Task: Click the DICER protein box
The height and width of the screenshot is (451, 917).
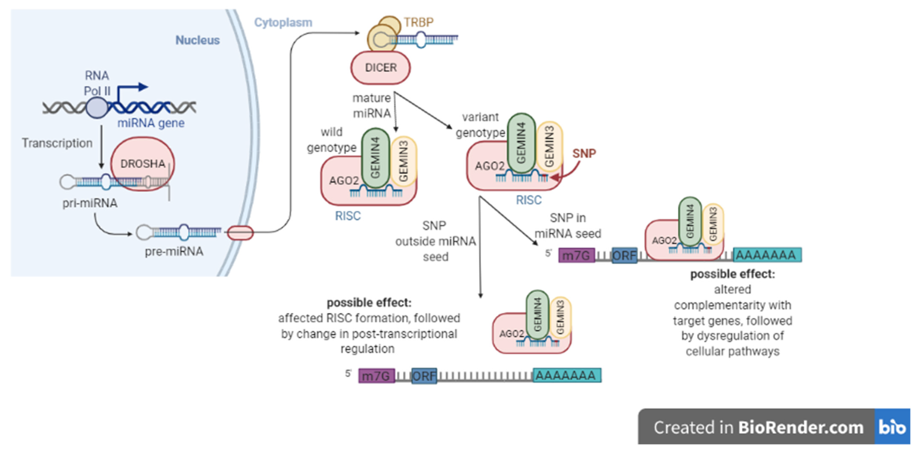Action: [380, 68]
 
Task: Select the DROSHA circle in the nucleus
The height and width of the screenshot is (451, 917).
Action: [142, 164]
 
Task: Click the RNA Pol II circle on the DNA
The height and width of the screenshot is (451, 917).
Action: [97, 107]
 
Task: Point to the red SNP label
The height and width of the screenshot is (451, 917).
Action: [584, 153]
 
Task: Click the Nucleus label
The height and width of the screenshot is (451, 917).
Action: [198, 40]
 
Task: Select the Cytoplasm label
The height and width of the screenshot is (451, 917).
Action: [283, 22]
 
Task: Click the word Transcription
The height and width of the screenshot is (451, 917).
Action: [57, 143]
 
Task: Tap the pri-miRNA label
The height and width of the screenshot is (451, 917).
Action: [90, 203]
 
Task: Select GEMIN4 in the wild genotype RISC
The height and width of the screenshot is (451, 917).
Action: [375, 158]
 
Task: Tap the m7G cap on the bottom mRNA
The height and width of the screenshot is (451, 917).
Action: [377, 376]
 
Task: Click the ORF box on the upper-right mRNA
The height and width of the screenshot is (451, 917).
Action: [624, 255]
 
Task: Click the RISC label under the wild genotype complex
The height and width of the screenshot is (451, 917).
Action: [348, 216]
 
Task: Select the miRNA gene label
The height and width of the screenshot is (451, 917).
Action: [151, 123]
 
